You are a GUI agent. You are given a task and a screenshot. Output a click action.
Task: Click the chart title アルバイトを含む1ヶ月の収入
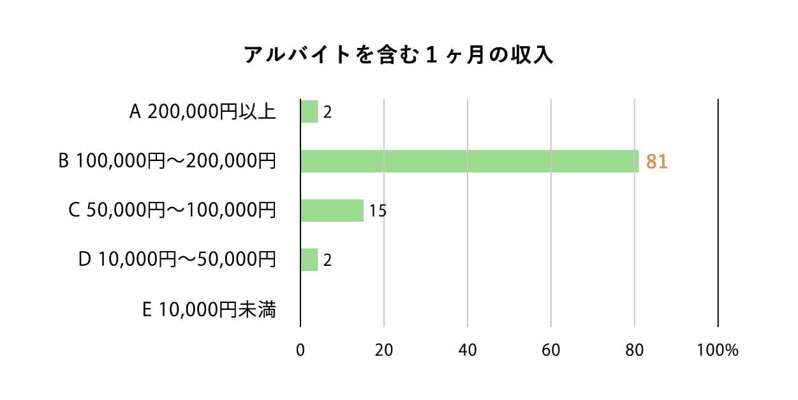pos(399,56)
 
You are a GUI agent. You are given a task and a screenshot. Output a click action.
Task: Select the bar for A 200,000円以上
pos(309,112)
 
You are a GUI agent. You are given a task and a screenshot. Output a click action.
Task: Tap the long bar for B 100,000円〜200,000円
pos(469,161)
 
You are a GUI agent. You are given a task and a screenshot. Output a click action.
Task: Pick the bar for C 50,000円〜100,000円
pos(332,210)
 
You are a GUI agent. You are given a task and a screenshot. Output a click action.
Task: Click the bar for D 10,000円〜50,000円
pos(309,259)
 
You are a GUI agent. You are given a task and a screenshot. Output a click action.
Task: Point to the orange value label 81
pos(656,162)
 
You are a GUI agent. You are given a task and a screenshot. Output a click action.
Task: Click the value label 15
pos(378,211)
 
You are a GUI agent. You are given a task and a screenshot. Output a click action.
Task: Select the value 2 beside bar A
pos(327,112)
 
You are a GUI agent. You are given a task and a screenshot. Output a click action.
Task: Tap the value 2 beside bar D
pos(327,260)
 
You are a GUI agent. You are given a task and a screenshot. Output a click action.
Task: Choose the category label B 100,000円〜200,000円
pos(167,161)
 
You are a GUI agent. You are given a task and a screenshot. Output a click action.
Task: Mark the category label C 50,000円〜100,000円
pos(172,210)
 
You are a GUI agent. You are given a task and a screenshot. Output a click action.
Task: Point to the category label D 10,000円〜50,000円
pos(177,259)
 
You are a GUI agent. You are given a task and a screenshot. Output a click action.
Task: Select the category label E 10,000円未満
pos(209,310)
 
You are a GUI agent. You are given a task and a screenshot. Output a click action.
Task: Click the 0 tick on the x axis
pos(300,350)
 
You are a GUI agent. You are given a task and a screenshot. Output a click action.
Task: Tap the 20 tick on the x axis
pos(384,350)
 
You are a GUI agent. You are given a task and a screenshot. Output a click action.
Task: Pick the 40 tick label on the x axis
pos(468,350)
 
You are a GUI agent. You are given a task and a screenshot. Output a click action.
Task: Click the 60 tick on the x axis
pos(551,350)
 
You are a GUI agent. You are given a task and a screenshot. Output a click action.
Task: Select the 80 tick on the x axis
pos(635,350)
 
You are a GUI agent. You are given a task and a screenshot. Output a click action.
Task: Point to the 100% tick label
pos(718,350)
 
